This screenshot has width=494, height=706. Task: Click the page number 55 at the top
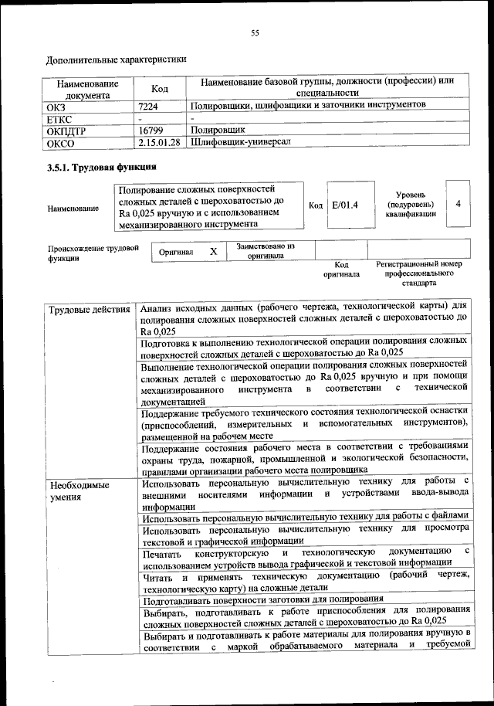(254, 32)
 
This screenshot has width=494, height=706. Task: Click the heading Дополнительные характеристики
(116, 59)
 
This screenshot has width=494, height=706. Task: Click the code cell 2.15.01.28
(159, 143)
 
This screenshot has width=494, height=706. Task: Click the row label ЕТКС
(61, 118)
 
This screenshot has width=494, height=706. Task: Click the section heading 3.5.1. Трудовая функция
(98, 167)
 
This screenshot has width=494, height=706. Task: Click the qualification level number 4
(458, 204)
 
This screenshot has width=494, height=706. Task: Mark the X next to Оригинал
(214, 251)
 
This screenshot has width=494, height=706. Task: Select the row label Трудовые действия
(89, 311)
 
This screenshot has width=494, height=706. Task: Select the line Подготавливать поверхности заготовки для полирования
(263, 599)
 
